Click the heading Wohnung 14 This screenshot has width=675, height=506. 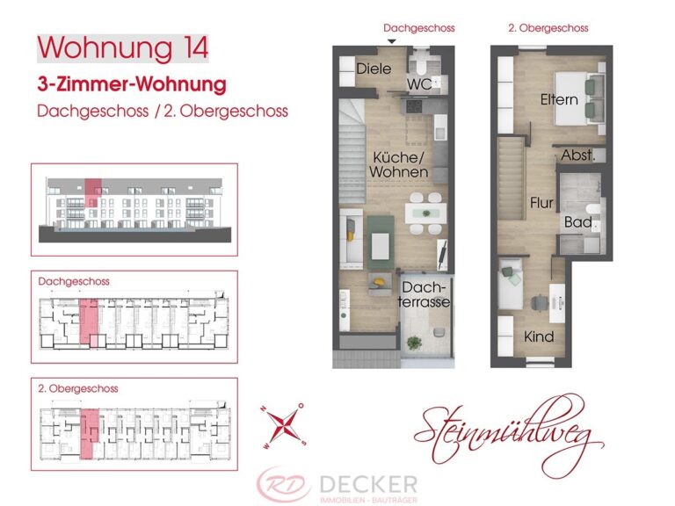pyautogui.click(x=123, y=47)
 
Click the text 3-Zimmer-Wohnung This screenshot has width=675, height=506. pyautogui.click(x=132, y=86)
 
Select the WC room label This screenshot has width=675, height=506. pyautogui.click(x=418, y=84)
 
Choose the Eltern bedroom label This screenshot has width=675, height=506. pyautogui.click(x=559, y=99)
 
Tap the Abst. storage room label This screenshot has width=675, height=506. pyautogui.click(x=578, y=155)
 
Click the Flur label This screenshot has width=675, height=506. pyautogui.click(x=541, y=204)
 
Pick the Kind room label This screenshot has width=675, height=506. pyautogui.click(x=539, y=336)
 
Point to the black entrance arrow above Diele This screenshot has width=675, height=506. pyautogui.click(x=392, y=40)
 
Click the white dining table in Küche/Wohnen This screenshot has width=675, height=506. pyautogui.click(x=424, y=212)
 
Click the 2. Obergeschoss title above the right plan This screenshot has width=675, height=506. pyautogui.click(x=548, y=28)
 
